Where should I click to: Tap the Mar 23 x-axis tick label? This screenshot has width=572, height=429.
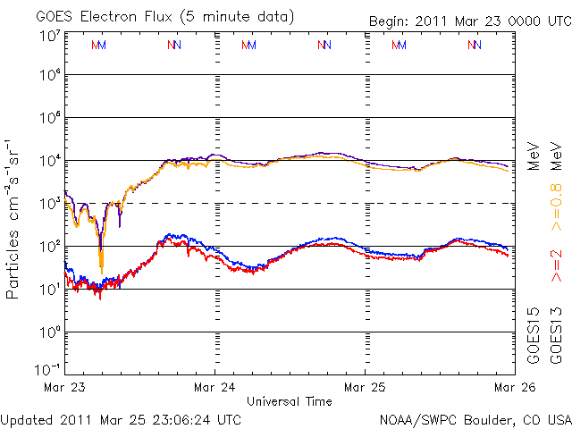(64, 387)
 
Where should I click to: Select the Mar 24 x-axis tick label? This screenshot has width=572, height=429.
(214, 387)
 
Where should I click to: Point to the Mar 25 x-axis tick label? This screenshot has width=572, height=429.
(365, 387)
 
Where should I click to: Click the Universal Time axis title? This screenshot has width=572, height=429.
(290, 401)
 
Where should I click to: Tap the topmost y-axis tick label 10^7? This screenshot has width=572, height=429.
(48, 37)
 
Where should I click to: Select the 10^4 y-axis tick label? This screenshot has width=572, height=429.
(48, 161)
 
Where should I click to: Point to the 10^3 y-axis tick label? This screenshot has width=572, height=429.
(48, 204)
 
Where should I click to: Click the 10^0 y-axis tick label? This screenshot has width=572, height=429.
(48, 332)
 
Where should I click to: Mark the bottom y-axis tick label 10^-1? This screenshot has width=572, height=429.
(48, 369)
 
